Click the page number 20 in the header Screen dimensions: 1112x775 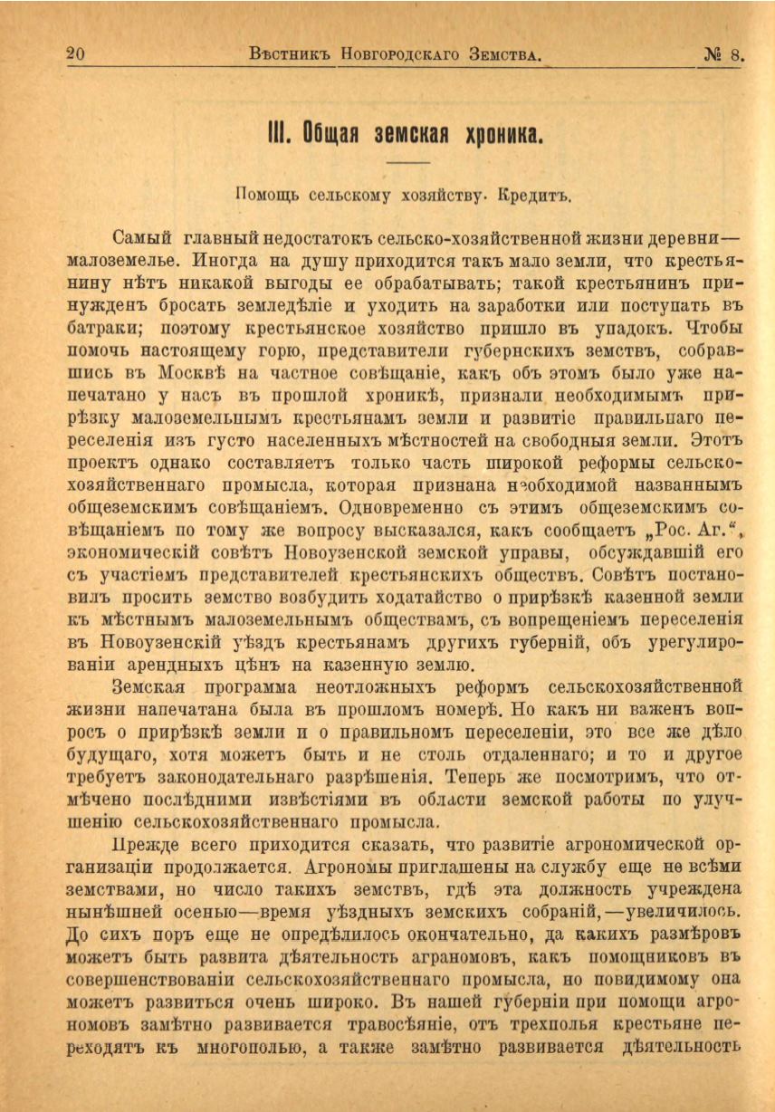click(76, 53)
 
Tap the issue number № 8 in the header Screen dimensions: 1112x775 click(723, 53)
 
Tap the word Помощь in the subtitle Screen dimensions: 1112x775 click(265, 194)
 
